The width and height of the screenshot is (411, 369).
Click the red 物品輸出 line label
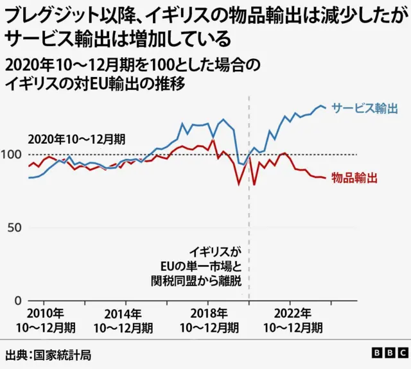354,178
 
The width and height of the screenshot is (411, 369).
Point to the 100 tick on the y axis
12,155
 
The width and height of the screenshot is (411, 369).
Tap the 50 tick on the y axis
15,228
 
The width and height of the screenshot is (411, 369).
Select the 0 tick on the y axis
18,300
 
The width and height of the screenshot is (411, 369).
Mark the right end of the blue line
326,108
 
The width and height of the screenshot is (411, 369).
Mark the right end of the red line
326,178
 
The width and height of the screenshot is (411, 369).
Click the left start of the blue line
28,177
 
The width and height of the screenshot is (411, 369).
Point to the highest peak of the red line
212,141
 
